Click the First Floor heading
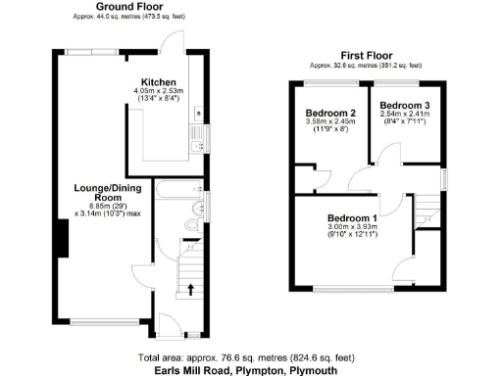[x=363, y=55]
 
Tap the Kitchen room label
[x=158, y=81]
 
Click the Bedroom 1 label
[x=352, y=217]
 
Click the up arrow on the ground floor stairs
[x=190, y=287]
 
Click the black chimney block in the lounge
[x=61, y=238]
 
